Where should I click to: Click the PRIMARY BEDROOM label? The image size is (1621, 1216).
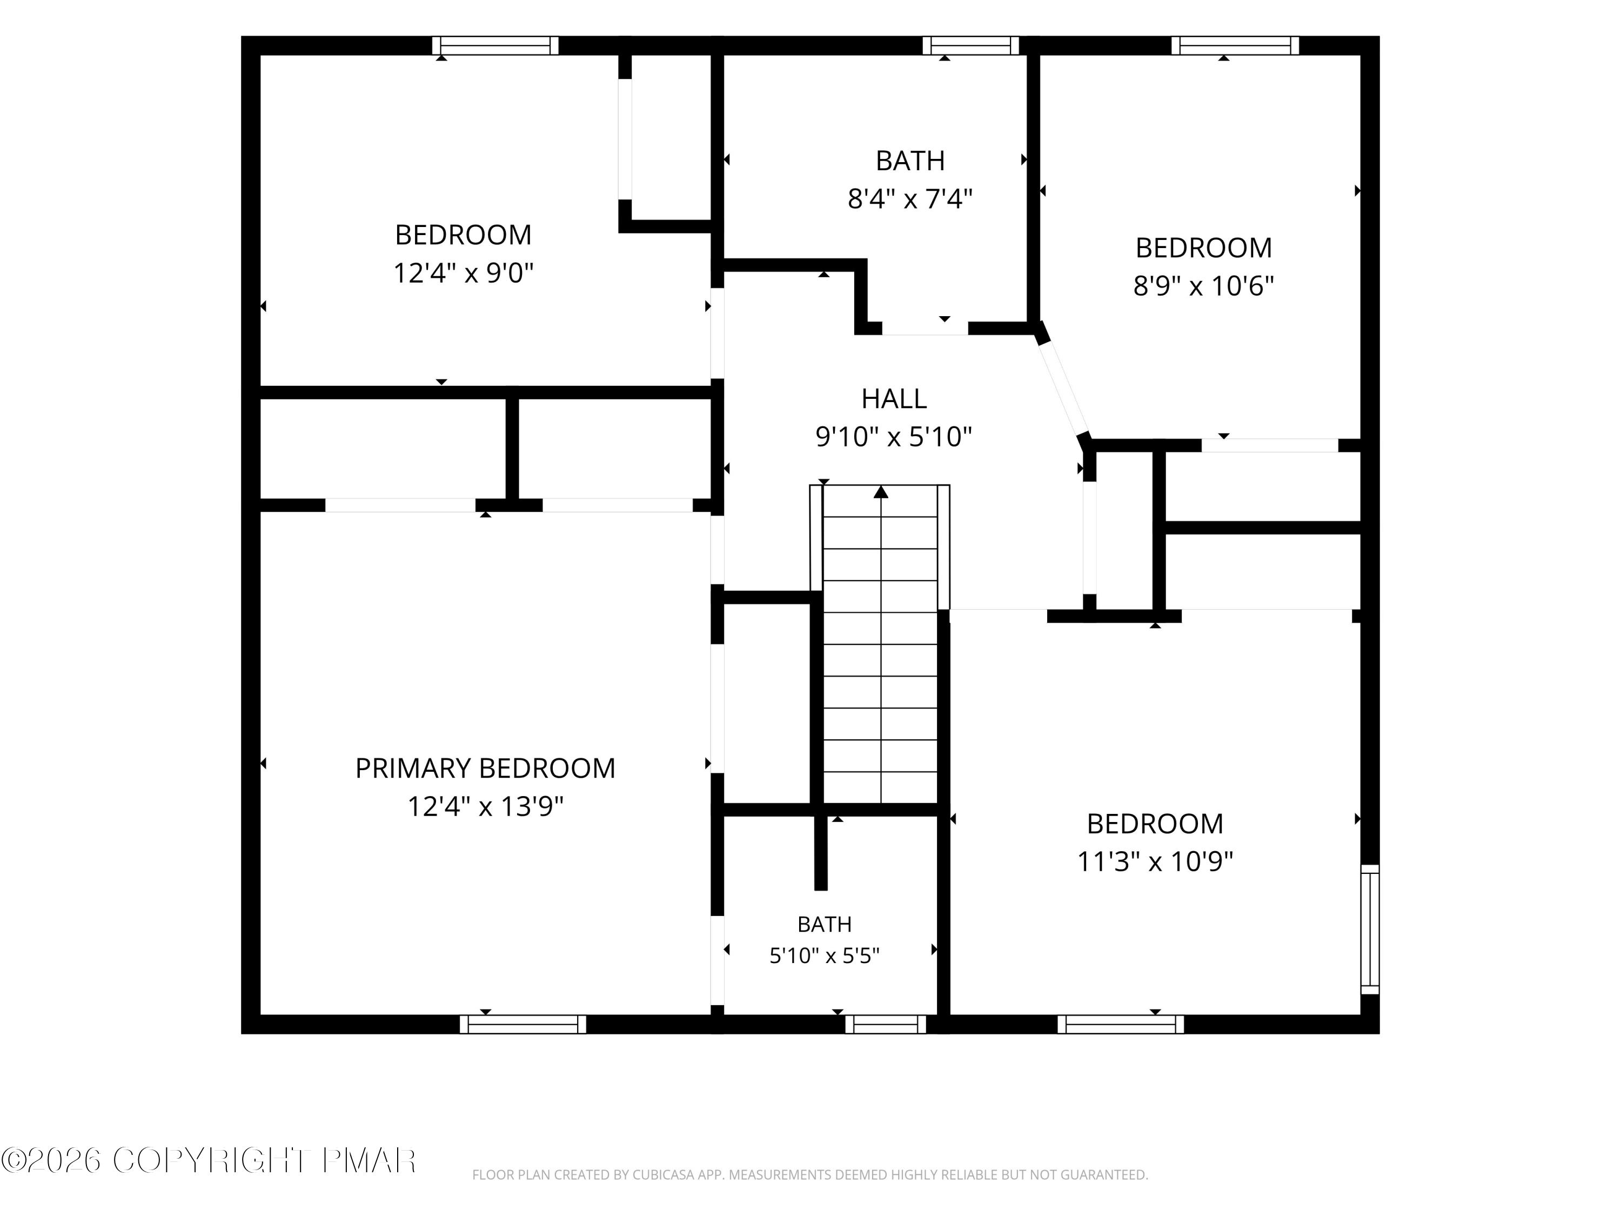[485, 768]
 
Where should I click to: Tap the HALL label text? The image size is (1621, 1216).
[894, 399]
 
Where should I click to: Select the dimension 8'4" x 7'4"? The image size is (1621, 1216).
[910, 199]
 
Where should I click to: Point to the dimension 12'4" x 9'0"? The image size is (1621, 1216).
[463, 273]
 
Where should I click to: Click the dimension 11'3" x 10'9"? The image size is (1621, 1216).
[1155, 861]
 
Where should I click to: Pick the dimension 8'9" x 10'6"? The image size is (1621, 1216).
[1203, 286]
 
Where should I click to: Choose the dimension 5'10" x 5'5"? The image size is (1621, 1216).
[825, 956]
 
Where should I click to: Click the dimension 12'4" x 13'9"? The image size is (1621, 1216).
[485, 807]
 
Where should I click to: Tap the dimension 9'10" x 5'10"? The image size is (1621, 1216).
[894, 437]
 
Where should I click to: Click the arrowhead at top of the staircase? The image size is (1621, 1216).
[881, 492]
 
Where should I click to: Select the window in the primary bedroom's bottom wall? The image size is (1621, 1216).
[523, 1024]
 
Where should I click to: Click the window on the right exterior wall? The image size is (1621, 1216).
[1370, 930]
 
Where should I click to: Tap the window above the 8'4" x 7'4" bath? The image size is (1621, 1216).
[971, 45]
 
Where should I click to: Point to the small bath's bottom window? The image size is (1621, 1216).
[886, 1024]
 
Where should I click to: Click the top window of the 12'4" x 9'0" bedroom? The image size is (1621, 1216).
[495, 45]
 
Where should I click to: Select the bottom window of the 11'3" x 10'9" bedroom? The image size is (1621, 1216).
[1121, 1024]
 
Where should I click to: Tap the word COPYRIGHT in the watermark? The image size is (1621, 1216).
[211, 1160]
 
